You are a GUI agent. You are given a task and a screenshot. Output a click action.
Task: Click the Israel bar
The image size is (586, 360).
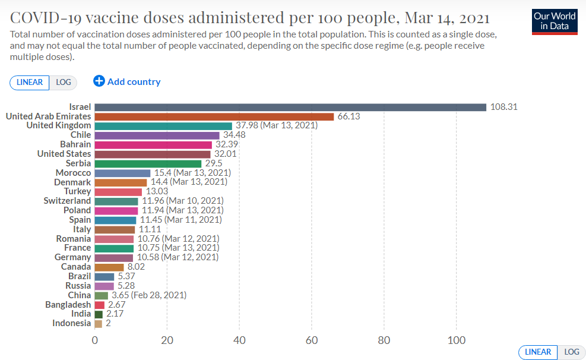tap(290, 107)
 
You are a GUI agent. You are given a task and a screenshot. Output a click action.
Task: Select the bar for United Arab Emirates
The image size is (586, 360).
tap(214, 116)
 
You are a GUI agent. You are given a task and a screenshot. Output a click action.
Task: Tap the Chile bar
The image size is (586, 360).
tap(157, 135)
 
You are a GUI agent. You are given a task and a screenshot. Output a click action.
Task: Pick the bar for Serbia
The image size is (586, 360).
tap(148, 163)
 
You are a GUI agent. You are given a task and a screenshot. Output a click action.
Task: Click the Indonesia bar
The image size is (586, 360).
tap(99, 323)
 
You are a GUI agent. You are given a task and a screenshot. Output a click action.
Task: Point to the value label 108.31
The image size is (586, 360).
tap(505, 107)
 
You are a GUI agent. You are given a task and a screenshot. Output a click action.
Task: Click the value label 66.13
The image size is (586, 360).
tap(349, 116)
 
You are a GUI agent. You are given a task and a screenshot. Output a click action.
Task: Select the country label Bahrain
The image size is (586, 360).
tap(75, 144)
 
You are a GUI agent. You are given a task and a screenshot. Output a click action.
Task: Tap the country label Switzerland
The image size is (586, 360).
tap(67, 201)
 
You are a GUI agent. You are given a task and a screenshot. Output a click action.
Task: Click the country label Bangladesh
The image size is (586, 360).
tap(68, 305)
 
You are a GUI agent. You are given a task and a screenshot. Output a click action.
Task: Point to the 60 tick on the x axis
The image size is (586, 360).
tap(312, 340)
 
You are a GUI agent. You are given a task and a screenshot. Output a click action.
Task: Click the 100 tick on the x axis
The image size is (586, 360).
tap(456, 340)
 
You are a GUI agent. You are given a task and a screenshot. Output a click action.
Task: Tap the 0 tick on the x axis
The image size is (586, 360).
tap(95, 340)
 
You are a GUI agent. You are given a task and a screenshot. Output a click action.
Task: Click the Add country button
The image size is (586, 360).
tap(127, 81)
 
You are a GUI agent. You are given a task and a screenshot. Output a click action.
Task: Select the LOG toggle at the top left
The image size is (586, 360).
tap(64, 83)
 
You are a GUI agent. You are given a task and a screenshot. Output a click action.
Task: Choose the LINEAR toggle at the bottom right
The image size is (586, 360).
tap(538, 352)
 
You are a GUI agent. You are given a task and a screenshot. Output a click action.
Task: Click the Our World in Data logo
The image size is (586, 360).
tap(555, 21)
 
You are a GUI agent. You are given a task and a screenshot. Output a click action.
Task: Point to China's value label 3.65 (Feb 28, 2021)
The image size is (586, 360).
tap(149, 295)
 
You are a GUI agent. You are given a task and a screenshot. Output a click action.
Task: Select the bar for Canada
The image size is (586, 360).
tap(109, 267)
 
